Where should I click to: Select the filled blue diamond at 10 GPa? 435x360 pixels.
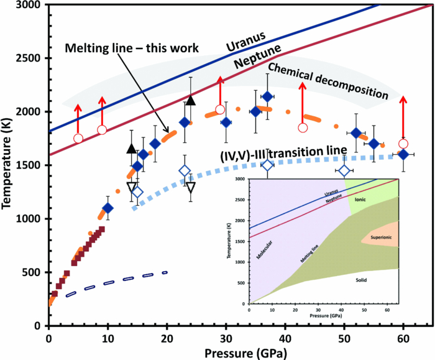coord(108,208)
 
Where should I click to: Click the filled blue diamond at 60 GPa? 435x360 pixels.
coord(403,154)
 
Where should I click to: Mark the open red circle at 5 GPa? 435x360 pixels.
coord(78,138)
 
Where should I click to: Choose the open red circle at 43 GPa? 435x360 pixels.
coord(303,127)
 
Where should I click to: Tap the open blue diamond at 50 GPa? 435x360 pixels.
coord(344,170)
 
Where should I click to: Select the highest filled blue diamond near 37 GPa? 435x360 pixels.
coord(267,96)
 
